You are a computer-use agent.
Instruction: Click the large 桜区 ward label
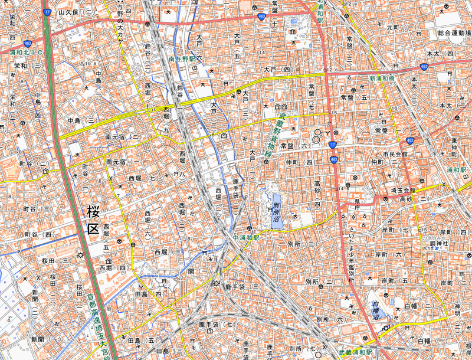(x=92, y=220)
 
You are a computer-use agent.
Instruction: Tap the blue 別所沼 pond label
(x=276, y=211)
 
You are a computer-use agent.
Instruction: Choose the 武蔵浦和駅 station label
(x=356, y=352)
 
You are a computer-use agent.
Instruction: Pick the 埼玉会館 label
(x=403, y=191)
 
